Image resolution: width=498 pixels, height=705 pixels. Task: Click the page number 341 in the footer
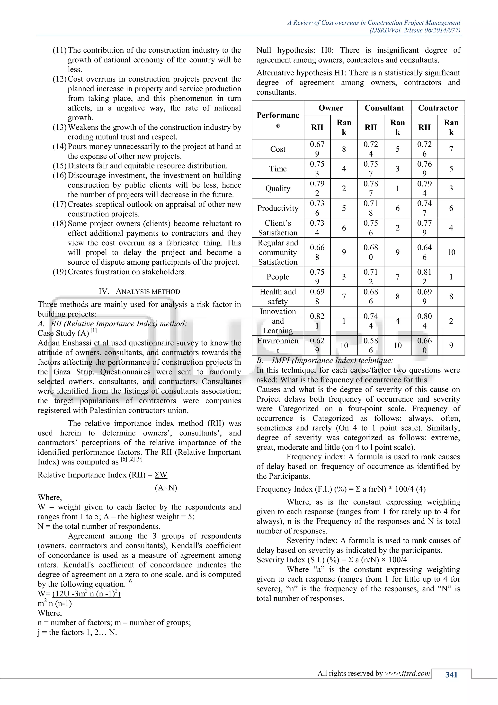tap(451, 675)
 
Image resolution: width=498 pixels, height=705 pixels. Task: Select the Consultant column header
tap(384, 108)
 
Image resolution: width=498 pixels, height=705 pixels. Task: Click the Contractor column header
tap(438, 108)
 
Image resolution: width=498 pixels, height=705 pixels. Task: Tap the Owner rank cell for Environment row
tap(344, 345)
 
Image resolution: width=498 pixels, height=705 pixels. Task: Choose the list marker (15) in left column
tap(60, 166)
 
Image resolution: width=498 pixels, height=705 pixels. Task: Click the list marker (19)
tap(60, 272)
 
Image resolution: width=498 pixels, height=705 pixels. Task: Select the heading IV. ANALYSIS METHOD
tap(139, 291)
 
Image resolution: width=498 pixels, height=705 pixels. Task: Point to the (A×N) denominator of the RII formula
tap(166, 488)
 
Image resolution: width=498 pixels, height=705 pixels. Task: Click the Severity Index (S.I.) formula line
tap(331, 560)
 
